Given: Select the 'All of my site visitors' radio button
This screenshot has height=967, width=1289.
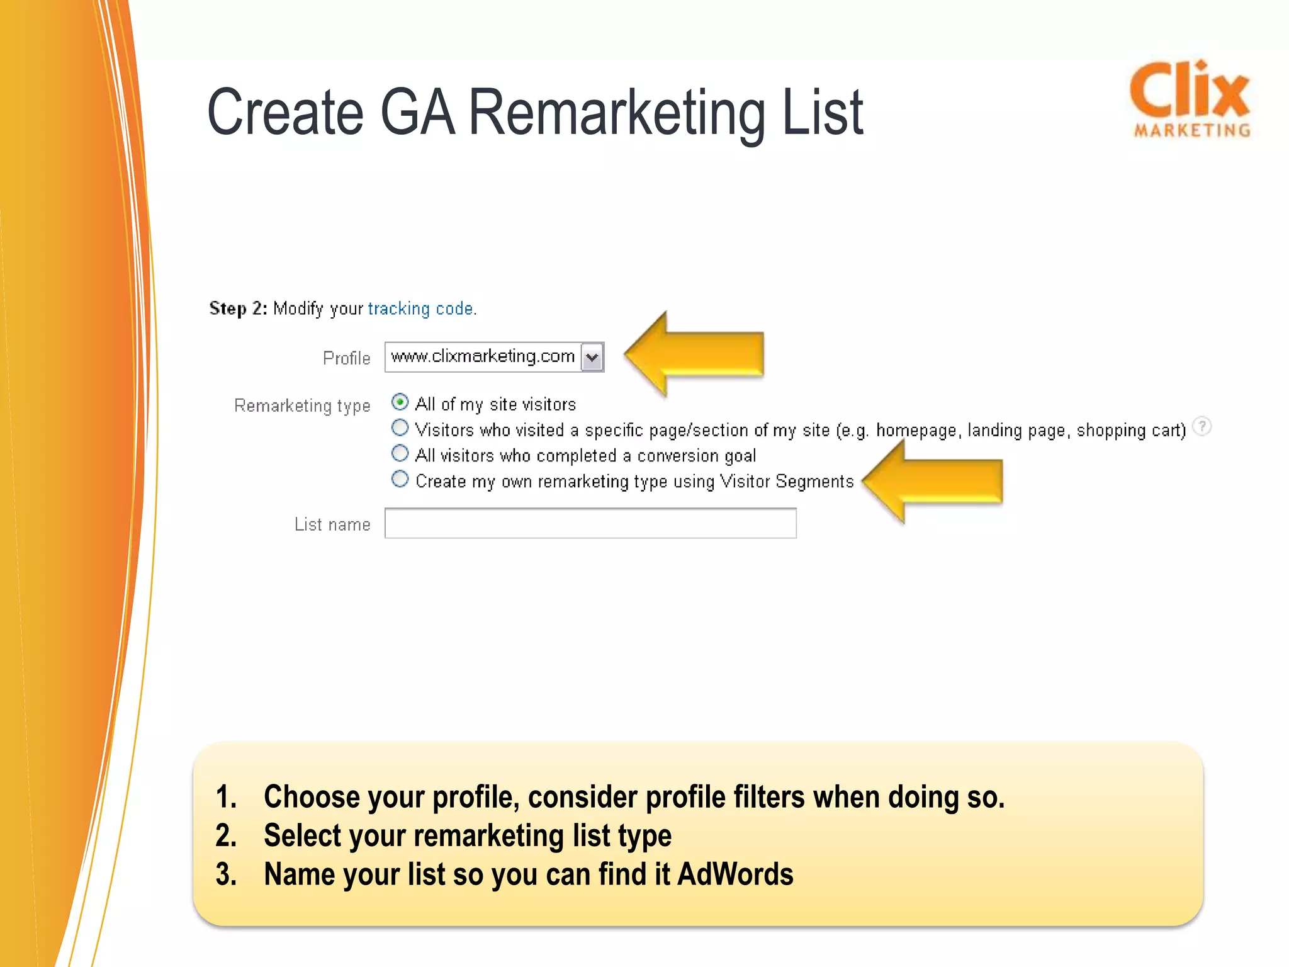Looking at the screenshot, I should click(x=400, y=402).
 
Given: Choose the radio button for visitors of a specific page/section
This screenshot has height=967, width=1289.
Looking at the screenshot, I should click(x=400, y=428).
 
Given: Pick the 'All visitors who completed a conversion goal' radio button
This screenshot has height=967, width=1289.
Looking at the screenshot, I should click(x=400, y=453).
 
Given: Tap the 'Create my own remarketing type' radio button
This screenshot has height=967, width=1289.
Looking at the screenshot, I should click(x=400, y=479).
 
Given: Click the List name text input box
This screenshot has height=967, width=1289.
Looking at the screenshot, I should click(x=590, y=523).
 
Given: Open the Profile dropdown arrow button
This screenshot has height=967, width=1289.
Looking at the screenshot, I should click(x=592, y=358).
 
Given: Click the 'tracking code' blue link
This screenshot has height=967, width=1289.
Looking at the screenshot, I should click(x=421, y=308).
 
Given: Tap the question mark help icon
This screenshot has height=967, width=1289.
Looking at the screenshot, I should click(x=1202, y=427).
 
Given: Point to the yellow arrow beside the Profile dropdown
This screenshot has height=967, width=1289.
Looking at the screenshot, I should click(x=695, y=354).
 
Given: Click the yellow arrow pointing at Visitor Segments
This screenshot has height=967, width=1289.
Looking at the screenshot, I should click(x=933, y=482).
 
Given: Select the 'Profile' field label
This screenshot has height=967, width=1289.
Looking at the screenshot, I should click(x=346, y=358).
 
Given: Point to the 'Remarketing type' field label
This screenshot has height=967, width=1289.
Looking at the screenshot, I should click(x=302, y=405).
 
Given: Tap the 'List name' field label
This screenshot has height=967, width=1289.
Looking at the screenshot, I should click(x=332, y=524).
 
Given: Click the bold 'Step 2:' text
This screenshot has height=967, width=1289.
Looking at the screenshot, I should click(x=238, y=308).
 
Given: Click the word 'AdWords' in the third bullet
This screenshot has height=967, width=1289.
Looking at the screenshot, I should click(x=735, y=874).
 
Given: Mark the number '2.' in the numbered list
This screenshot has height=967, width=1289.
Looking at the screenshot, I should click(x=226, y=835).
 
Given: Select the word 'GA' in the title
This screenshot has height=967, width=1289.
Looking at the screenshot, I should click(x=417, y=113).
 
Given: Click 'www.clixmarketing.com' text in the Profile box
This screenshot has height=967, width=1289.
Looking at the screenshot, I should click(x=483, y=356).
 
